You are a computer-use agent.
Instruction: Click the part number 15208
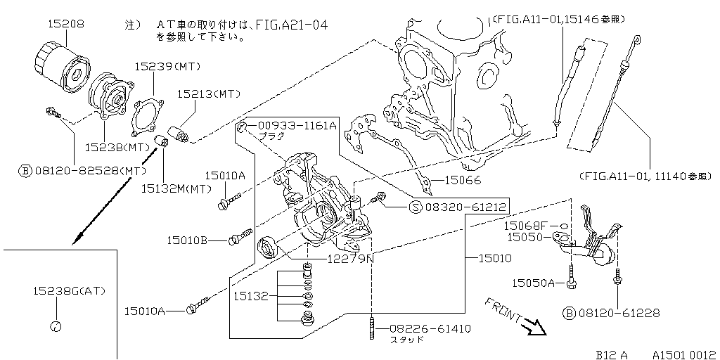[66, 24]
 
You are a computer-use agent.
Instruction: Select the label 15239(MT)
[167, 67]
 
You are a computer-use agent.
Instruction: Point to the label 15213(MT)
[209, 93]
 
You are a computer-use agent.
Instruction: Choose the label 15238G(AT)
[68, 290]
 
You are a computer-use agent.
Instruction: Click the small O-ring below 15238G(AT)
[57, 326]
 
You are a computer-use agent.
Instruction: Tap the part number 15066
[462, 179]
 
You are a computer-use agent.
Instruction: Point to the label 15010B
[187, 240]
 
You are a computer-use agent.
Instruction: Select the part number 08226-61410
[429, 328]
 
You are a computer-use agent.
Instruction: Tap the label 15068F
[525, 226]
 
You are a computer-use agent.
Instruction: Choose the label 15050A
[533, 283]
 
